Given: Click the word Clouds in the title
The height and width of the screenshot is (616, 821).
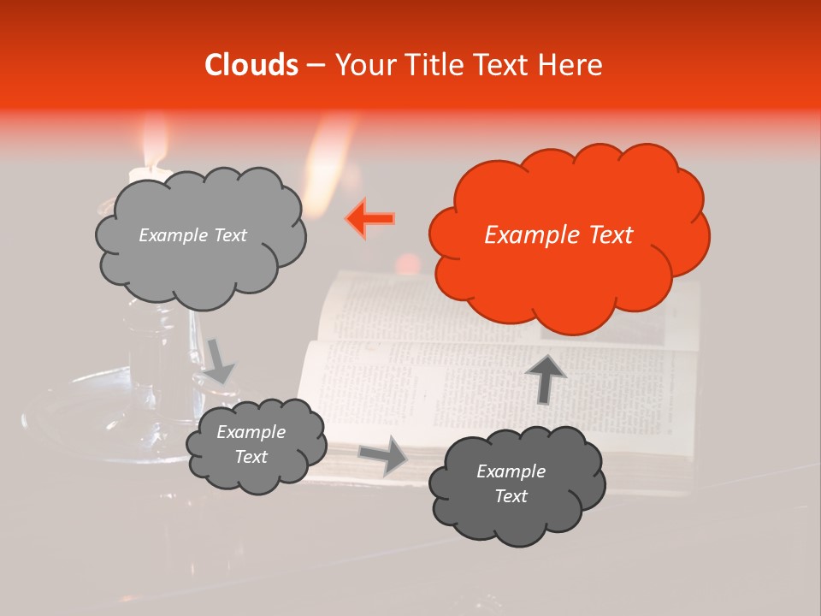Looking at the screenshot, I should pos(251,65).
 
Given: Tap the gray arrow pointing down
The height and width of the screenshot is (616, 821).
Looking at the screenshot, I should pos(219,360).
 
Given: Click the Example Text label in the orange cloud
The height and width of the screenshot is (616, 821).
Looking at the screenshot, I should pos(558,235).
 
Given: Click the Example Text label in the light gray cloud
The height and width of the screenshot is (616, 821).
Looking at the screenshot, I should pos(192,235).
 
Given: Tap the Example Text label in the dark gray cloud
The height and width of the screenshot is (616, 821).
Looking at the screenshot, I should pos(511,483).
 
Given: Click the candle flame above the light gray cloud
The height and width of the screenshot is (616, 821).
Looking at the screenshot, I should pos(154,150).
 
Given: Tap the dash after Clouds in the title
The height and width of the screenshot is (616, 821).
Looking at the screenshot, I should pos(314,65).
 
